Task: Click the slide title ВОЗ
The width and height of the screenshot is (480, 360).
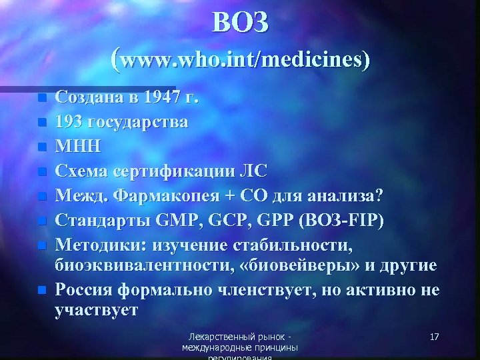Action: coord(241,23)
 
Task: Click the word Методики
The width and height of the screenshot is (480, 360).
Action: coord(99,243)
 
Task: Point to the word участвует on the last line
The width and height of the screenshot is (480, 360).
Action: coord(97,311)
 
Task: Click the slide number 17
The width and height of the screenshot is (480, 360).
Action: coord(434,337)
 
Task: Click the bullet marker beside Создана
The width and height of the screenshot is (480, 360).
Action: coord(43,99)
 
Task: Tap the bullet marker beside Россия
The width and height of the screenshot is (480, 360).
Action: coord(43,291)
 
